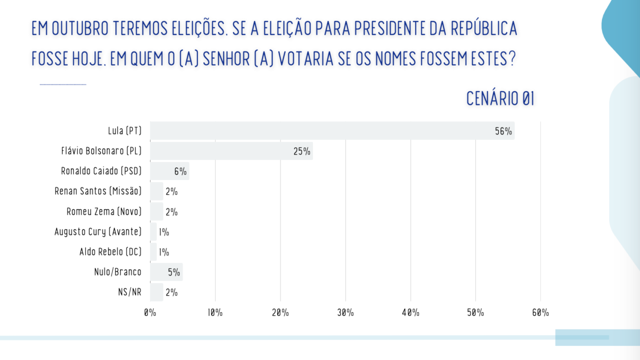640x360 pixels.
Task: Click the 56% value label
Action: [503, 131]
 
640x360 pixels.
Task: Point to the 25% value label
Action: [302, 151]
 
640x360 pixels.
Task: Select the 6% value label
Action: [180, 171]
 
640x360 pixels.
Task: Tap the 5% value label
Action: [173, 272]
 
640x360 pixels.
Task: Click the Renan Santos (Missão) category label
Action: [98, 191]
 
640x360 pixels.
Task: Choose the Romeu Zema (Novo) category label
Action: [104, 211]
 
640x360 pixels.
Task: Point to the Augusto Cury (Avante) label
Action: [98, 231]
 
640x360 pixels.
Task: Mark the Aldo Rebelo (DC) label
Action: [110, 252]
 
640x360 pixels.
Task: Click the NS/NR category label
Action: [129, 292]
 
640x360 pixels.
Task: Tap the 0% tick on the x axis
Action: [150, 313]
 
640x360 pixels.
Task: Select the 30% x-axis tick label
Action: [345, 313]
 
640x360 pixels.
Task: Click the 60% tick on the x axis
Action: [540, 313]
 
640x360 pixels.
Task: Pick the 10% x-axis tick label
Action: [215, 313]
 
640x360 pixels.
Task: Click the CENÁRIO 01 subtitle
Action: [500, 99]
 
